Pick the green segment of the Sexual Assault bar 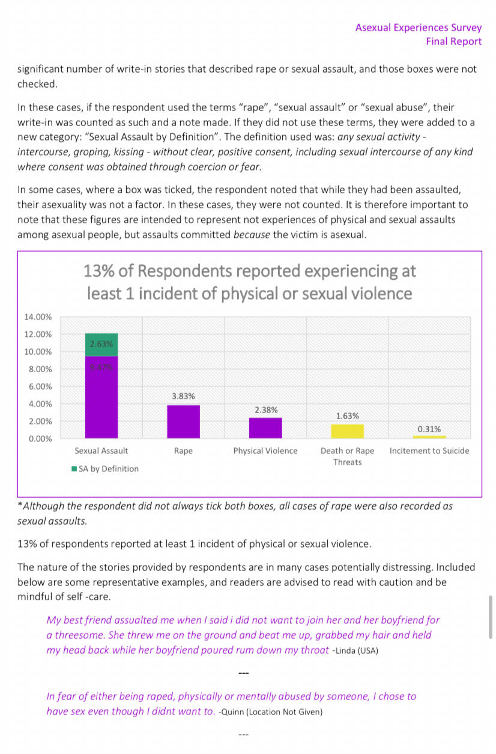pos(101,345)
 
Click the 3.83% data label pos(183,396)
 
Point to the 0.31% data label pos(429,429)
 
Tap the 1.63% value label pos(347,415)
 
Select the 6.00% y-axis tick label pos(40,387)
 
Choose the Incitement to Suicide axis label pos(429,451)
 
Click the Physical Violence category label pos(265,451)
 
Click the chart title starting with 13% pos(250,282)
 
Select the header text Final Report pos(453,41)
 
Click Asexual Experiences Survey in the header pos(418,28)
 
